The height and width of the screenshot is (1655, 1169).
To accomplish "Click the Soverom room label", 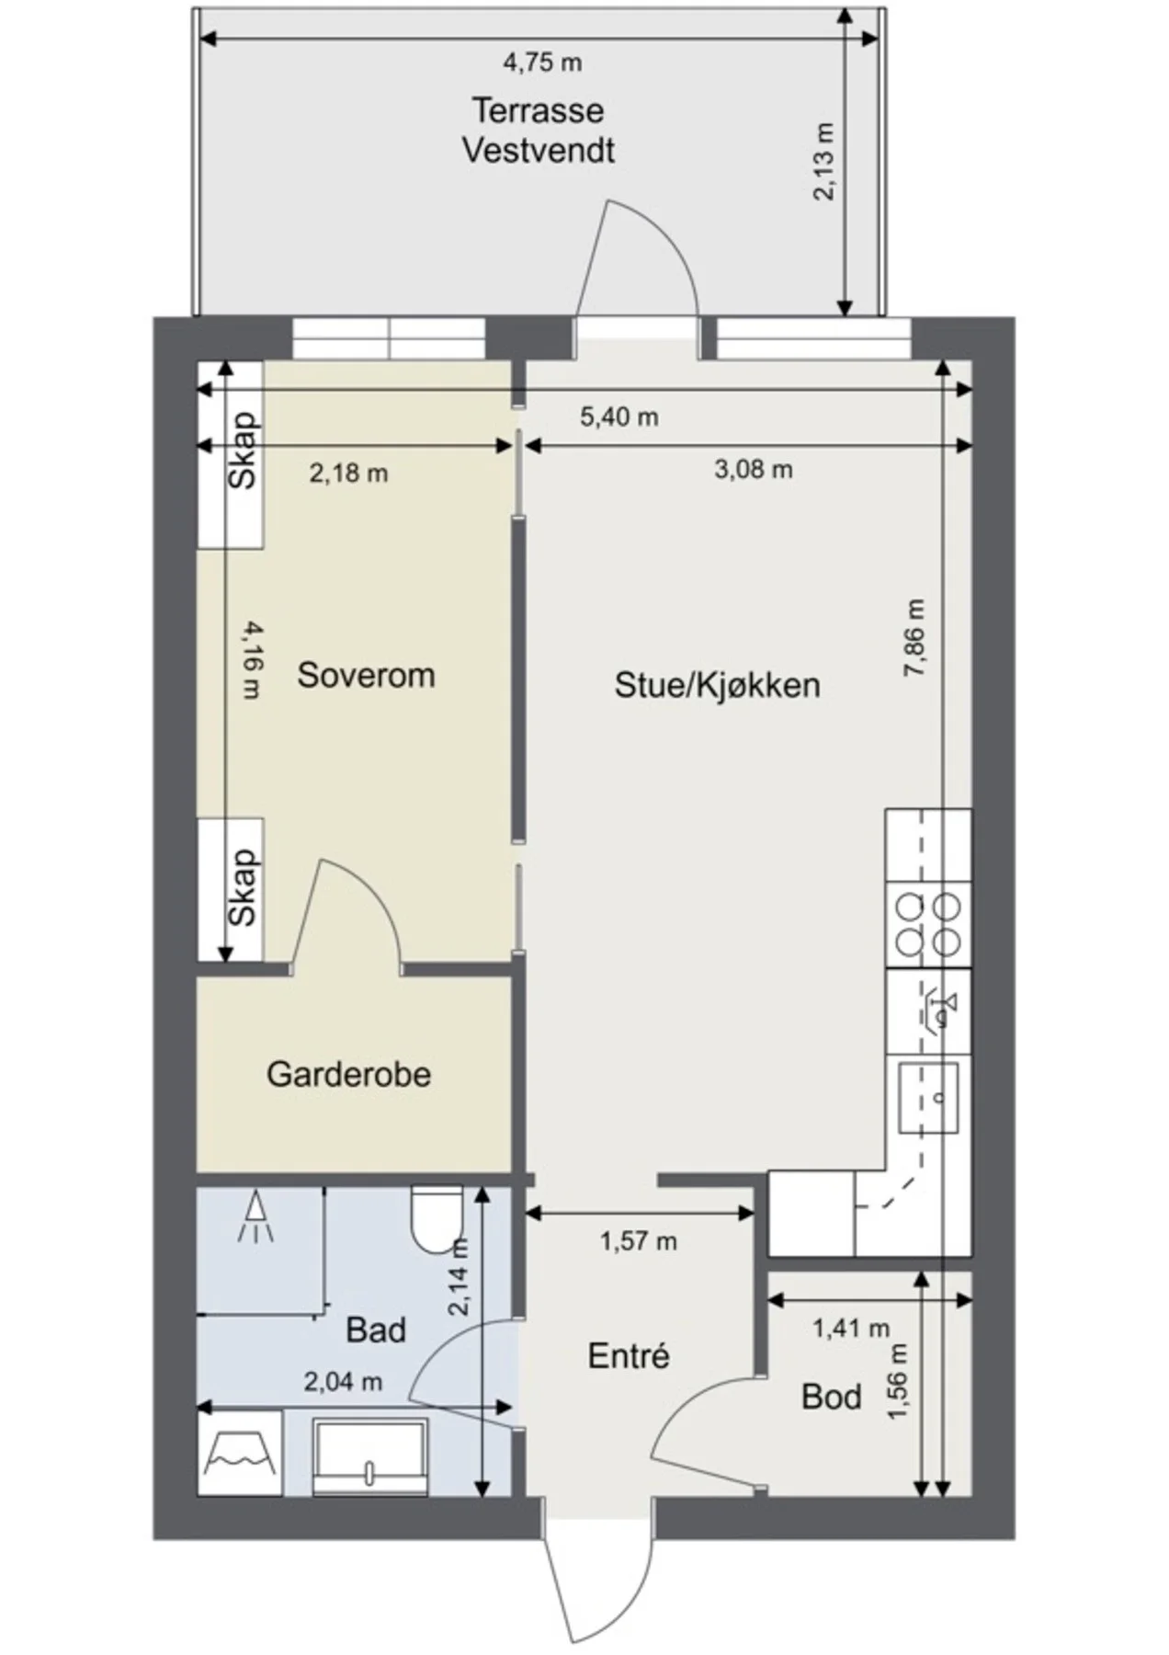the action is click(366, 676).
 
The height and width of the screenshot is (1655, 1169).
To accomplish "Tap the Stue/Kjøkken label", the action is click(717, 686).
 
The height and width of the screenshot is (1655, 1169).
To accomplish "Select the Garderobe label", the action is click(348, 1074).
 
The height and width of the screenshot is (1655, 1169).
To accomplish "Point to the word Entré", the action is click(629, 1355).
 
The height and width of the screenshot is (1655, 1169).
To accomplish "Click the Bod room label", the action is click(832, 1397).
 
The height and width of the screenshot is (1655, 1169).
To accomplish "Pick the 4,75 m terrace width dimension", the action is click(542, 63).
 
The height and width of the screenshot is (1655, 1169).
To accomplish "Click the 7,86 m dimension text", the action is click(914, 639).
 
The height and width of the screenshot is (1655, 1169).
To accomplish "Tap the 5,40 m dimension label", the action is click(619, 417).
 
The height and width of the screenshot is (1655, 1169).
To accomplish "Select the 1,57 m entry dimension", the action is click(639, 1242).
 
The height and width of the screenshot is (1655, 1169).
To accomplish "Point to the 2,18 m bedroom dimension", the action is click(348, 474).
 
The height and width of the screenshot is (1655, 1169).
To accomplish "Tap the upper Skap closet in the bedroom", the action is click(232, 455).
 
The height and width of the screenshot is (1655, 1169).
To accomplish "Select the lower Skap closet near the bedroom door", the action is click(232, 890).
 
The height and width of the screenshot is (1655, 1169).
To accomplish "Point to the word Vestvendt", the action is click(539, 150).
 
